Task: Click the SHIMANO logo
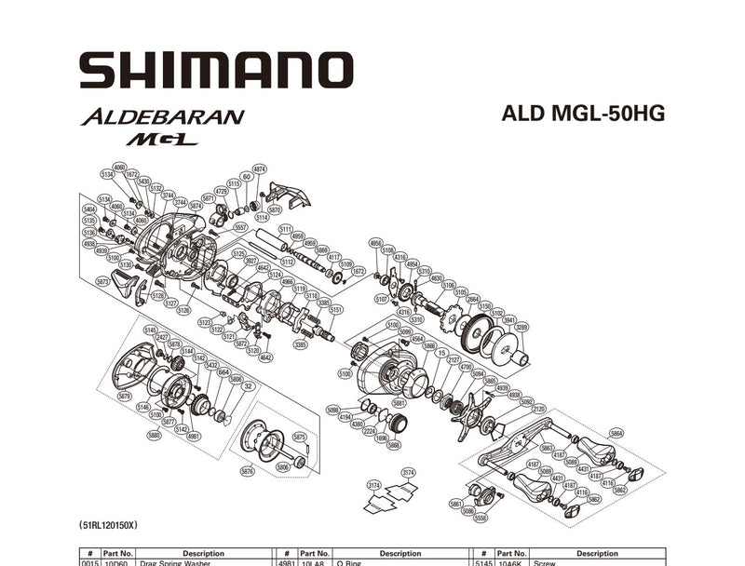216,71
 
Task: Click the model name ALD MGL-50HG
582,113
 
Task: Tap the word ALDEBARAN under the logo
162,117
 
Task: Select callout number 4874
260,169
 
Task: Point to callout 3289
521,328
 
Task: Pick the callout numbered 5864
616,434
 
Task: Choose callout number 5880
154,434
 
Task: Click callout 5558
481,518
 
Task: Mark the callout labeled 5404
90,209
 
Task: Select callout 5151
336,310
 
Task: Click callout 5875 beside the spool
299,436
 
